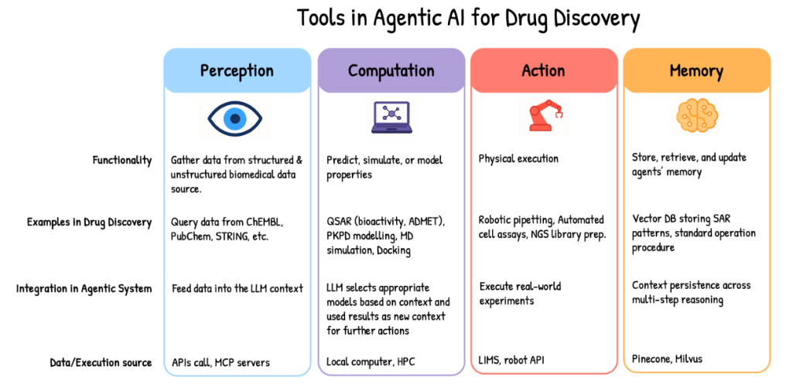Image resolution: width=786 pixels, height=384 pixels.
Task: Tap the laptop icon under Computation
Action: point(391,117)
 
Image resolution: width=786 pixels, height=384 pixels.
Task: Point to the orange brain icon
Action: point(696,116)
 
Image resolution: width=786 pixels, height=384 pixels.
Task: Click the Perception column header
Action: point(236,71)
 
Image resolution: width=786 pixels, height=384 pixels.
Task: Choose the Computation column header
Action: point(391,71)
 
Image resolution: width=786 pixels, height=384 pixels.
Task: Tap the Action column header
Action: point(543,71)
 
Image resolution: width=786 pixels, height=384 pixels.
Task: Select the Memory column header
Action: point(696,71)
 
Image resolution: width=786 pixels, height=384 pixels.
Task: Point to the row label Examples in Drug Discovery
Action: point(90,223)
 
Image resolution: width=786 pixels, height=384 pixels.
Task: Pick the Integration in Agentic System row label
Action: point(84,289)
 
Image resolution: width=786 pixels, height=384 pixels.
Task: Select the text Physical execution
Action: point(518,159)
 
